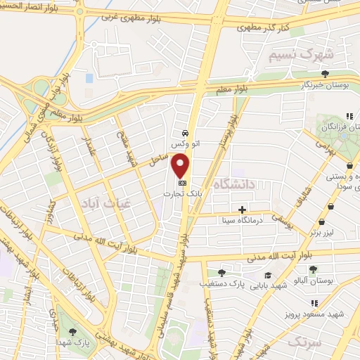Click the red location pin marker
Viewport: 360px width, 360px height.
pos(181,165)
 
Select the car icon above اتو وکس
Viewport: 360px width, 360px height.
pos(184,133)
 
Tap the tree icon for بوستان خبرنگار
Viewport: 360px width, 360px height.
pos(324,73)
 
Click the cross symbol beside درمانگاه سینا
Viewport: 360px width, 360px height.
pos(242,210)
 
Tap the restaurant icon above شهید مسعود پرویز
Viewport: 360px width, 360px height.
pos(314,302)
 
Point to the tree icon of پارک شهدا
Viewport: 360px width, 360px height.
pos(74,331)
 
